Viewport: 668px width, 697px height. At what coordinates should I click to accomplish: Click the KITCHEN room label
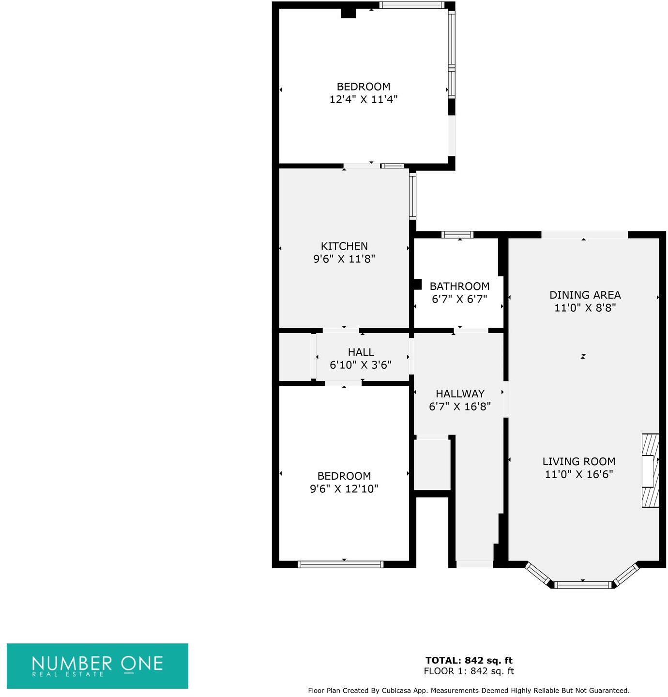click(x=344, y=246)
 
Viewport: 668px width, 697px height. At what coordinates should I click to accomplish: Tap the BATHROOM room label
click(x=459, y=286)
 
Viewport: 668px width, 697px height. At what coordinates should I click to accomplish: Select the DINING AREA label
click(x=585, y=295)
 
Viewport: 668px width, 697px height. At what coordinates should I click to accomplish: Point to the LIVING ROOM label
click(x=578, y=461)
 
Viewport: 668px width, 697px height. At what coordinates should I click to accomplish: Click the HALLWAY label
click(x=460, y=394)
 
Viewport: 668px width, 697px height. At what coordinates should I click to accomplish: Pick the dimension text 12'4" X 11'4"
click(x=364, y=99)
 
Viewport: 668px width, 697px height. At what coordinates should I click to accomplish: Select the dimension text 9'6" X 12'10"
click(x=344, y=488)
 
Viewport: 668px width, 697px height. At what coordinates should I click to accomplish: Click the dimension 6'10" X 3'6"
click(x=361, y=364)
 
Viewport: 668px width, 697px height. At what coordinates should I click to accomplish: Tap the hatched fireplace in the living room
click(x=650, y=470)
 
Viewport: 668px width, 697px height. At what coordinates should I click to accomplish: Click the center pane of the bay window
click(x=583, y=585)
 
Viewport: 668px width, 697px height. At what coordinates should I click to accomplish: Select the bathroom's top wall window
click(x=457, y=235)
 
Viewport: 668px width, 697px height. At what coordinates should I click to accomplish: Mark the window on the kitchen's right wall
click(x=412, y=196)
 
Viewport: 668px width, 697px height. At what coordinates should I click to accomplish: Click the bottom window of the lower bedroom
click(x=341, y=564)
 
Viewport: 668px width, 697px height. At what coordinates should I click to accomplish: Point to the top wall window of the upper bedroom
click(x=411, y=5)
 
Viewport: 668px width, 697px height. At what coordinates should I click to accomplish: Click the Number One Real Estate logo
click(x=97, y=666)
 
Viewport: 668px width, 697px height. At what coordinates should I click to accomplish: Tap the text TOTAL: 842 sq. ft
click(x=469, y=660)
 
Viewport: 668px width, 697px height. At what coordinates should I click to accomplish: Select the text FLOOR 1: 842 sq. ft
click(x=469, y=671)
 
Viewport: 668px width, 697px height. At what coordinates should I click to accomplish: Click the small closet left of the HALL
click(x=295, y=357)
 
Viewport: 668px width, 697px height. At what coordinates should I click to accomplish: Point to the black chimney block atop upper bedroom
click(x=348, y=13)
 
